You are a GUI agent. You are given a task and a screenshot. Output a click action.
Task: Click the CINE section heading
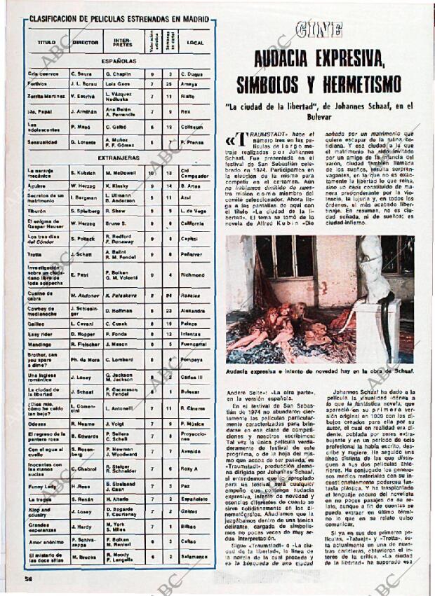[x=319, y=29]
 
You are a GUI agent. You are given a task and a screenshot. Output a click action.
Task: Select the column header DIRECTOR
[x=86, y=42]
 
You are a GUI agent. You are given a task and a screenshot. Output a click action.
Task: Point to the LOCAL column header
[x=194, y=42]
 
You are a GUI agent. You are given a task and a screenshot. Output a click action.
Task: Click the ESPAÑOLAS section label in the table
[x=119, y=61]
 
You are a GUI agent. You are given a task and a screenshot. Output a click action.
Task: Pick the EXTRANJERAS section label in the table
[x=119, y=158]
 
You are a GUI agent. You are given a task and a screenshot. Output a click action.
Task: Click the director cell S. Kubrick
[x=83, y=172]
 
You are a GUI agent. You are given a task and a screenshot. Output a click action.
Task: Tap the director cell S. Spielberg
[x=86, y=210]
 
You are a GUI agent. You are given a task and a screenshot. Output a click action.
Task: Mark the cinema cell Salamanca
[x=193, y=557]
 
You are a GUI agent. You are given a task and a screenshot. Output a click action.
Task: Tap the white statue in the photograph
[x=373, y=280]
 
